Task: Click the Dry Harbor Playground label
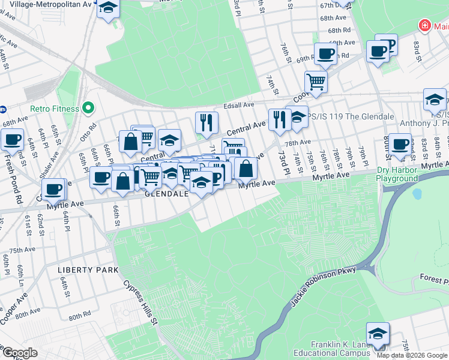tap(397, 174)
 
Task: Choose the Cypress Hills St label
tap(140, 304)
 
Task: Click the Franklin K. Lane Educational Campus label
tap(340, 349)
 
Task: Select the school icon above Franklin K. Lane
tap(377, 333)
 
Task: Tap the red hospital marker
tap(424, 25)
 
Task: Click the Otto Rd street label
tap(92, 130)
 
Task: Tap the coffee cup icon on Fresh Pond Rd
tap(12, 140)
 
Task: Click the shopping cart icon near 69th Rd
tap(315, 82)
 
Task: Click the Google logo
tap(19, 353)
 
